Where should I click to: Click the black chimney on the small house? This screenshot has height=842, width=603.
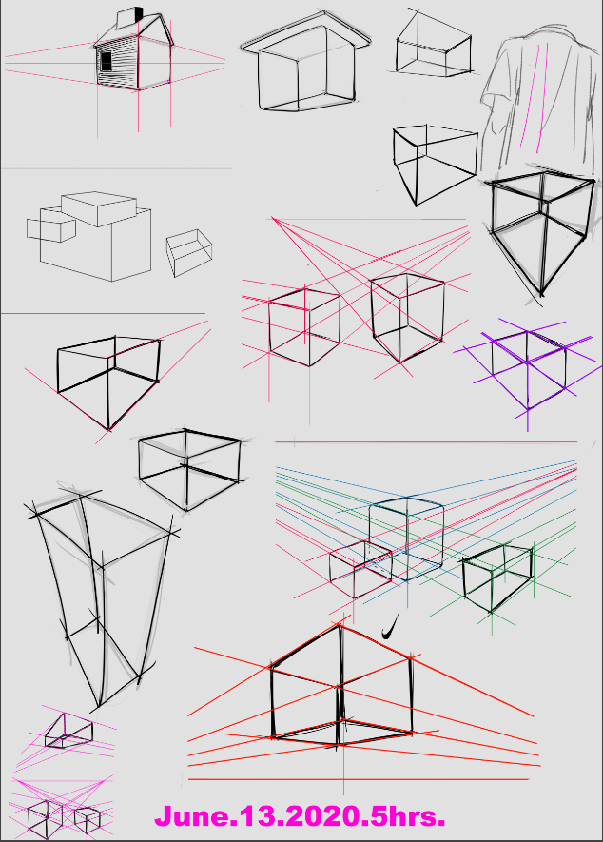(139, 14)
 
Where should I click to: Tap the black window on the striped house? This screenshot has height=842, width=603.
(107, 62)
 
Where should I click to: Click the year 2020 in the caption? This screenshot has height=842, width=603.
(321, 816)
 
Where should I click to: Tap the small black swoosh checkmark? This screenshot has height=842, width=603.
(391, 626)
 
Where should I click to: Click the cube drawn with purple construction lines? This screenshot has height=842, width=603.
(529, 369)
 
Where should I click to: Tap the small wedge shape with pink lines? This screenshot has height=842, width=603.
(68, 731)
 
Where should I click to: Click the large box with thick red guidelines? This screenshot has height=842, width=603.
(341, 686)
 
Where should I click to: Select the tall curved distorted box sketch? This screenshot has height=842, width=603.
(101, 596)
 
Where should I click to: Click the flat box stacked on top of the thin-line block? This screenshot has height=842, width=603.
(99, 208)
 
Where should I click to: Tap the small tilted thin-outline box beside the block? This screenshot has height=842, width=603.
(189, 252)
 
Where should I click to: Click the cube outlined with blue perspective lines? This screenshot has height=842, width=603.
(406, 538)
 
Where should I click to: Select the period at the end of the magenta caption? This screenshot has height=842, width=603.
(441, 824)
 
